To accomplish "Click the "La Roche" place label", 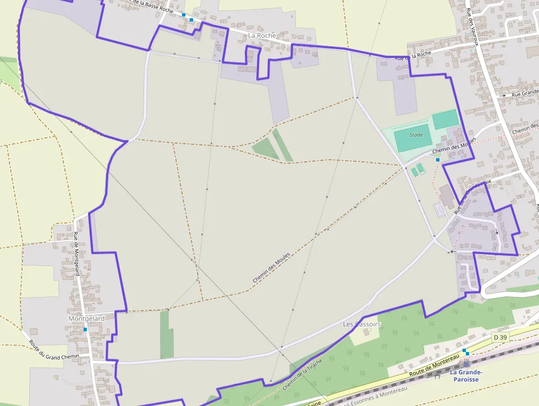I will (x=262, y=35).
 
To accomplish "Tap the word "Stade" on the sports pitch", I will (x=416, y=135).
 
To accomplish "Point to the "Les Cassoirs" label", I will (x=362, y=324).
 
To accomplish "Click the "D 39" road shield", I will (x=499, y=337).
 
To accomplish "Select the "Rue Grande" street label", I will (x=525, y=94).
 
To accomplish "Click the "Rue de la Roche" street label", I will (x=414, y=56).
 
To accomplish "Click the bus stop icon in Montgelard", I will (x=85, y=329).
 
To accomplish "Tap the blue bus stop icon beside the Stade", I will (x=438, y=160).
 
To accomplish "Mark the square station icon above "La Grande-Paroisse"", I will (x=466, y=364).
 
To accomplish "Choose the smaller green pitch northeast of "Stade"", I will (x=445, y=119).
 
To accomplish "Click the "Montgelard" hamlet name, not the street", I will (x=86, y=319).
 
